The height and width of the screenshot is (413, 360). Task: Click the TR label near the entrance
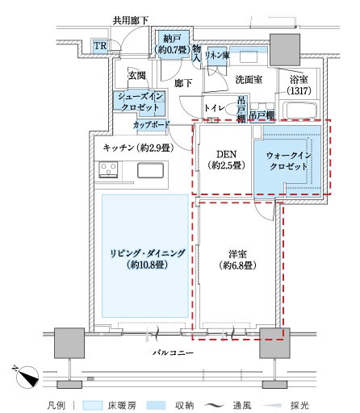click(x=100, y=46)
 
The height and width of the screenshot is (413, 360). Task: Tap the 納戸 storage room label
click(x=172, y=40)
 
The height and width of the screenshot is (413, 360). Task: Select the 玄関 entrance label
click(x=137, y=76)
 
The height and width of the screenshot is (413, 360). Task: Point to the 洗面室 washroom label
click(x=249, y=80)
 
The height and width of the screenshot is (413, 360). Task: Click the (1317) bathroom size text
click(x=299, y=90)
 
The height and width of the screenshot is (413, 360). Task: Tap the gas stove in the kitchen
click(x=108, y=169)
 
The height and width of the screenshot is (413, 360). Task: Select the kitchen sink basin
click(x=150, y=170)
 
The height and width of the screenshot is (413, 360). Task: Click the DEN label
click(x=227, y=154)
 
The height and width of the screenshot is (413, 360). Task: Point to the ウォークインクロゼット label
click(x=288, y=161)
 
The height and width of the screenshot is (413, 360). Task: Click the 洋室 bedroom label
click(x=237, y=254)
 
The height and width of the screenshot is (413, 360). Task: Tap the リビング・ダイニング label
click(x=148, y=253)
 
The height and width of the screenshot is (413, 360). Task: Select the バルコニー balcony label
click(x=173, y=353)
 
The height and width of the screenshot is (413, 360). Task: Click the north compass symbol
click(x=27, y=377)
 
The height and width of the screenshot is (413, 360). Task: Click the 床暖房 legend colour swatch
click(x=93, y=405)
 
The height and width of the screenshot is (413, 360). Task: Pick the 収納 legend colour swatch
click(x=156, y=405)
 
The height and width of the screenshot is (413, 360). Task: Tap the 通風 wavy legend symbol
click(x=214, y=405)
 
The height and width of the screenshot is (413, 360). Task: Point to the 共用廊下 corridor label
click(x=131, y=20)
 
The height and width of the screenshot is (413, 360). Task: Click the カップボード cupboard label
click(x=152, y=125)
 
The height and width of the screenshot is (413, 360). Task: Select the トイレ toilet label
click(x=214, y=108)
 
